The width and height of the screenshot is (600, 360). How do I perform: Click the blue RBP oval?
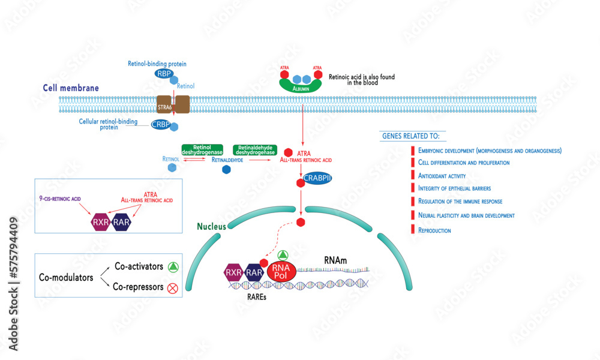(164, 74)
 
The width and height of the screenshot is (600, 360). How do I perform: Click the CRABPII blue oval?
(317, 179)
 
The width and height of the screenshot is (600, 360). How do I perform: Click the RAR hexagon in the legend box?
(121, 223)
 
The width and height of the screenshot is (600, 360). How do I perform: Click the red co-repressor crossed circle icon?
(172, 288)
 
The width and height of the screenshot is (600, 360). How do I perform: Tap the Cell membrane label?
(71, 88)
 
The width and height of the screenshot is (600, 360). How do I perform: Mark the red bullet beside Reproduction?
(413, 229)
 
